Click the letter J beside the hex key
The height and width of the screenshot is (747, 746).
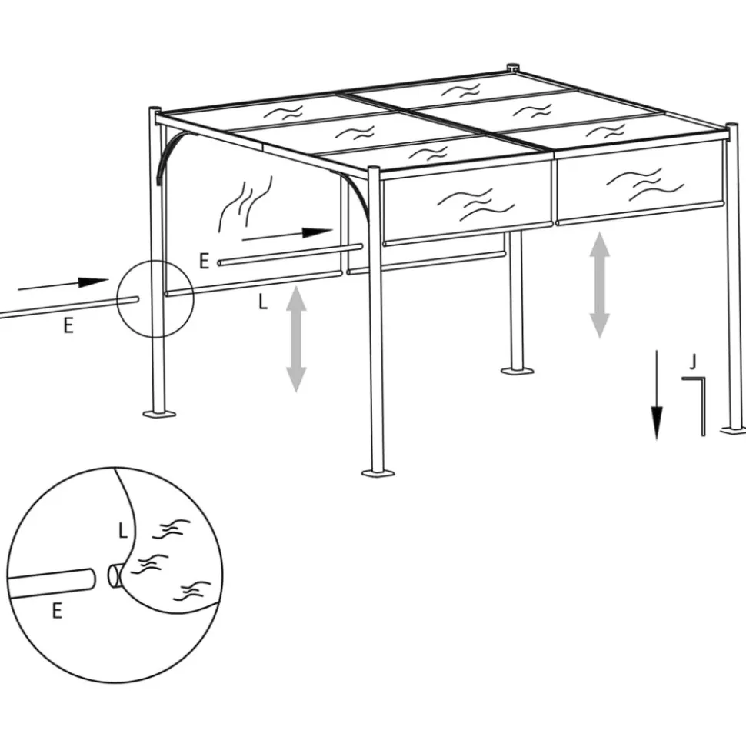693,361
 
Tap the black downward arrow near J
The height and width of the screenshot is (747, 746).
657,395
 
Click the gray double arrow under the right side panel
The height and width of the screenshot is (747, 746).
600,285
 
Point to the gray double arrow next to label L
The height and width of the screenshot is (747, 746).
296,338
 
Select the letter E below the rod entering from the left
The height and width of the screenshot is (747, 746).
68,325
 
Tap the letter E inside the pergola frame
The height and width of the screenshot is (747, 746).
204,262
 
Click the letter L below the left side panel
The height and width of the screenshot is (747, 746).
262,302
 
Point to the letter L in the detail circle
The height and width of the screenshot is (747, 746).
122,529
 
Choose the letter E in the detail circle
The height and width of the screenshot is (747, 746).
56,612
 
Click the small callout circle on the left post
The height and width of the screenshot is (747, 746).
155,298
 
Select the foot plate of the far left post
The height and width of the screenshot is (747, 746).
159,414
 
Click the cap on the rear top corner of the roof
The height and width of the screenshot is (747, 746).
513,67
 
